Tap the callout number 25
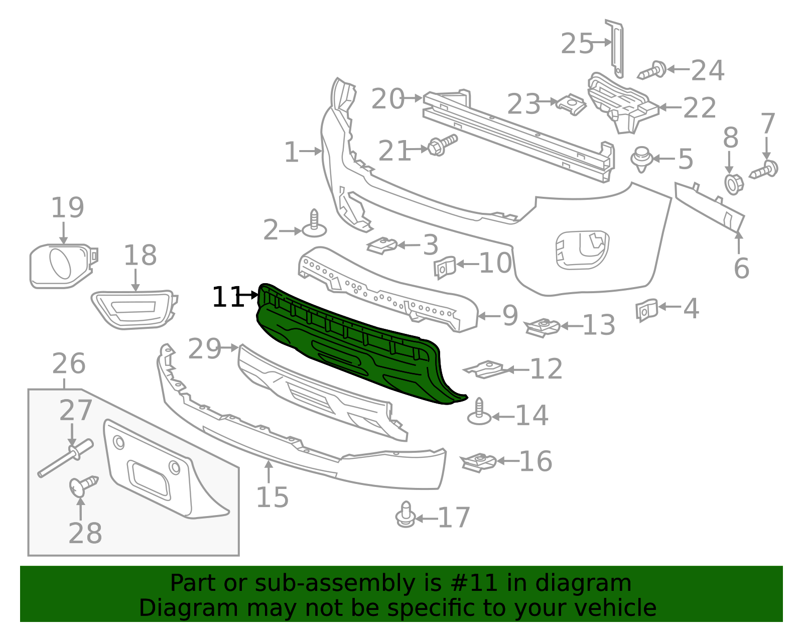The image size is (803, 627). coord(577,44)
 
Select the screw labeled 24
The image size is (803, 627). coord(652,70)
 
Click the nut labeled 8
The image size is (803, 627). coord(733,184)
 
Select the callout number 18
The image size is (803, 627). coord(140,256)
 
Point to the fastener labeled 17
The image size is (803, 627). coord(406,515)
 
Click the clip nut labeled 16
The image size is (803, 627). coord(479,461)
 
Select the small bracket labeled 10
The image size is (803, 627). coord(444,267)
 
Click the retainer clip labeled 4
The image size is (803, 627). coord(646,309)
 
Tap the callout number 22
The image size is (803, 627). coord(700,108)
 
